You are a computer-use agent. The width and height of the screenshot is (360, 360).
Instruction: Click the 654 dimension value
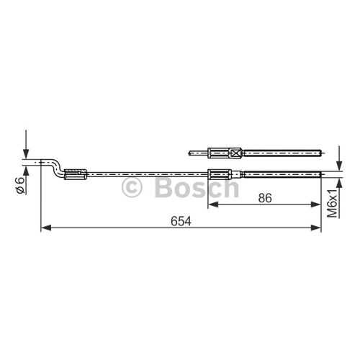pos(181,221)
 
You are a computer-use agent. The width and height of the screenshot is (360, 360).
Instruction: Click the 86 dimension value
pos(265,198)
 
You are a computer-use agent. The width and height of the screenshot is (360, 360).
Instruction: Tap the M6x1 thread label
pos(333,203)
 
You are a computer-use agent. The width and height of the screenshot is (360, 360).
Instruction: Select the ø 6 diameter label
pos(19,185)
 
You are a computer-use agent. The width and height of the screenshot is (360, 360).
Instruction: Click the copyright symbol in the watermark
pos(132,187)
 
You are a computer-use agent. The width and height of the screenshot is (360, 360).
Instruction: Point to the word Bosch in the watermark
pos(197,187)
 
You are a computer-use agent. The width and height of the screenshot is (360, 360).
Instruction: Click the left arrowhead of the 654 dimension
pos(46,228)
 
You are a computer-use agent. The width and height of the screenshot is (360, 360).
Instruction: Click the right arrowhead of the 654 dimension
pos(315,228)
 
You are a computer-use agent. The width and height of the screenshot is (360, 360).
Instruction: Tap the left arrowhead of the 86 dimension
pos(213,204)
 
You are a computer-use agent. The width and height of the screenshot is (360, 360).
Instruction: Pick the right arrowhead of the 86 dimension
pos(315,204)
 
